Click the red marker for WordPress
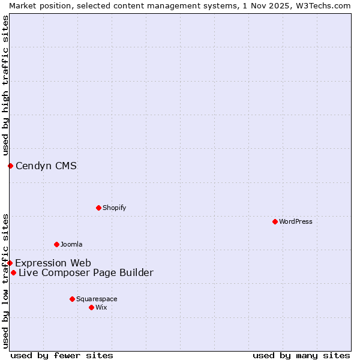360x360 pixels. pyautogui.click(x=275, y=221)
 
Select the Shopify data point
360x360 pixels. pyautogui.click(x=98, y=208)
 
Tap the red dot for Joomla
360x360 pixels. pyautogui.click(x=56, y=244)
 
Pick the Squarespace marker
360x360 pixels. pyautogui.click(x=72, y=299)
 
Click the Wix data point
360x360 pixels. pyautogui.click(x=91, y=307)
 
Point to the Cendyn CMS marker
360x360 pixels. pyautogui.click(x=10, y=166)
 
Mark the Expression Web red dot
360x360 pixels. pyautogui.click(x=10, y=263)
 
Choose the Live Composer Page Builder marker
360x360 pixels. pyautogui.click(x=13, y=272)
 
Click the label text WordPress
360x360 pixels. pyautogui.click(x=296, y=221)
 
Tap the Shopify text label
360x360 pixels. pyautogui.click(x=115, y=208)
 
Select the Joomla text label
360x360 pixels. pyautogui.click(x=71, y=244)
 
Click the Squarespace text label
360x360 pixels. pyautogui.click(x=97, y=299)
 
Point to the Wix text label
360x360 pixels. pyautogui.click(x=101, y=307)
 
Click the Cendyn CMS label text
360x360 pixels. pyautogui.click(x=46, y=166)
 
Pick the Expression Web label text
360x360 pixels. pyautogui.click(x=53, y=263)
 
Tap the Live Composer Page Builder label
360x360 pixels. pyautogui.click(x=86, y=272)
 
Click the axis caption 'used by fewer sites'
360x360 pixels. pyautogui.click(x=62, y=355)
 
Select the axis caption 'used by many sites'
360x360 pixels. pyautogui.click(x=301, y=355)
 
